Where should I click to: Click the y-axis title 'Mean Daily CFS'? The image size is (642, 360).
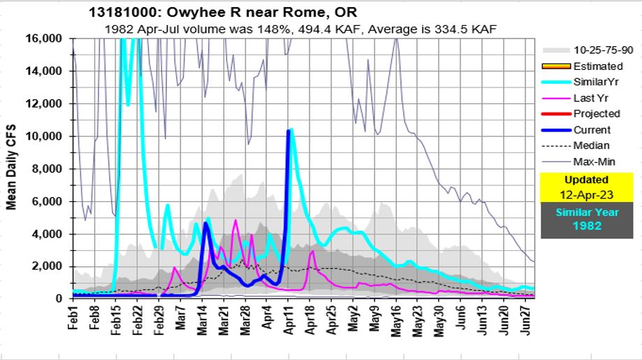(12, 168)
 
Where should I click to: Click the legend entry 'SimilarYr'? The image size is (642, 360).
(597, 82)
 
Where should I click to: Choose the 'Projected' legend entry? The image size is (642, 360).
(596, 113)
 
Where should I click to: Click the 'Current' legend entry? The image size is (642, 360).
(592, 129)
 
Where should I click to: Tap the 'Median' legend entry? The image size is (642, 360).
(591, 145)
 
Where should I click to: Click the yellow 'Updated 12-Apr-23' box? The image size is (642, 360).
(590, 186)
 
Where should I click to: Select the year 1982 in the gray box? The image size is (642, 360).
(590, 226)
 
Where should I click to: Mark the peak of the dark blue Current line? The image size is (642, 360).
(289, 131)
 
